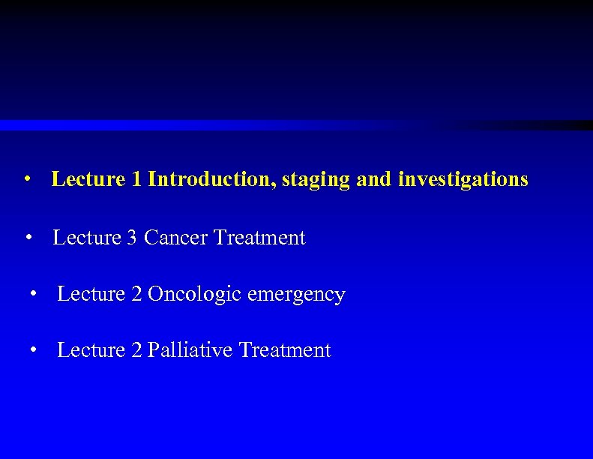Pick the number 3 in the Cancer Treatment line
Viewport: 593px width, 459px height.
click(x=131, y=238)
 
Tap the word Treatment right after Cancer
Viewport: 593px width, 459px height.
click(x=259, y=238)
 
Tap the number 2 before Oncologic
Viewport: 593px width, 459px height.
click(x=136, y=294)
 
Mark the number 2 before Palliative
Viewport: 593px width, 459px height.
click(x=136, y=350)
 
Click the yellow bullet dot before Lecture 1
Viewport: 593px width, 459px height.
click(x=27, y=180)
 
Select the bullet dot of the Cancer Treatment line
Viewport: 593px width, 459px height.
click(x=28, y=238)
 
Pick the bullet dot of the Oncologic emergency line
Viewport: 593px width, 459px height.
click(x=33, y=295)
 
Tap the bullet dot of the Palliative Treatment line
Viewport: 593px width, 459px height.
click(x=33, y=351)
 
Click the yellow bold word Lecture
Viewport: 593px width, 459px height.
click(x=88, y=179)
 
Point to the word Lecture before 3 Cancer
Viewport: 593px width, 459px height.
click(x=87, y=238)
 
